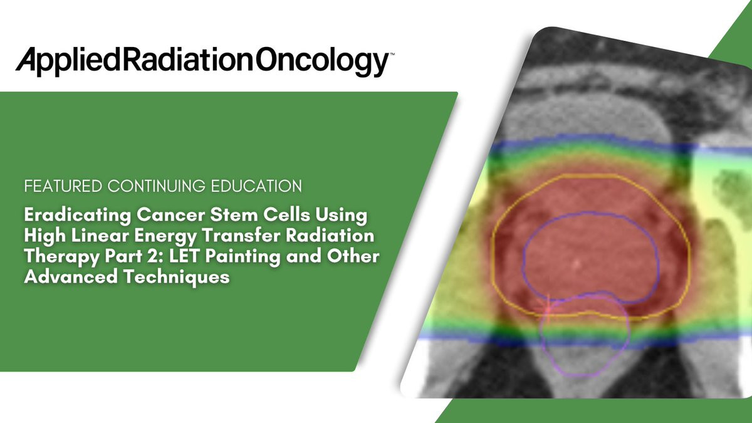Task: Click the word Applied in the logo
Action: (68, 62)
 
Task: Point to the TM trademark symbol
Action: (392, 53)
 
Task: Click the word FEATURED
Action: (63, 186)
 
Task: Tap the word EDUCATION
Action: (256, 186)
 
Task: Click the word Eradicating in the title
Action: (78, 216)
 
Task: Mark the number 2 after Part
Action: (158, 256)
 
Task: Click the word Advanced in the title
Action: (71, 277)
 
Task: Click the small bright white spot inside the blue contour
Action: (577, 264)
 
